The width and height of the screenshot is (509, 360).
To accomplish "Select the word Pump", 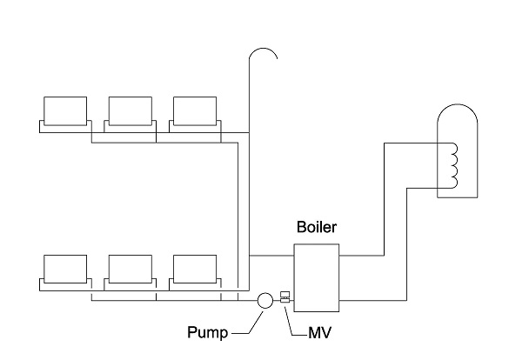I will pyautogui.click(x=208, y=331).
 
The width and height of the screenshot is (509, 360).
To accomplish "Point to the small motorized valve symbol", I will pyautogui.click(x=285, y=297).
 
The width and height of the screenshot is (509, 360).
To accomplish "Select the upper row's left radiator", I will pyautogui.click(x=65, y=111).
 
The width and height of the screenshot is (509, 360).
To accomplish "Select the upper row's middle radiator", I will pyautogui.click(x=130, y=111).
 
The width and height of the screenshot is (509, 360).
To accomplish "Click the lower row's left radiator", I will pyautogui.click(x=65, y=270).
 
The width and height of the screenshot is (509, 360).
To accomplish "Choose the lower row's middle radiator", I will pyautogui.click(x=130, y=270).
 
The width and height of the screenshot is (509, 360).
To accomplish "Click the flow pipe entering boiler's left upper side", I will pyautogui.click(x=271, y=256).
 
